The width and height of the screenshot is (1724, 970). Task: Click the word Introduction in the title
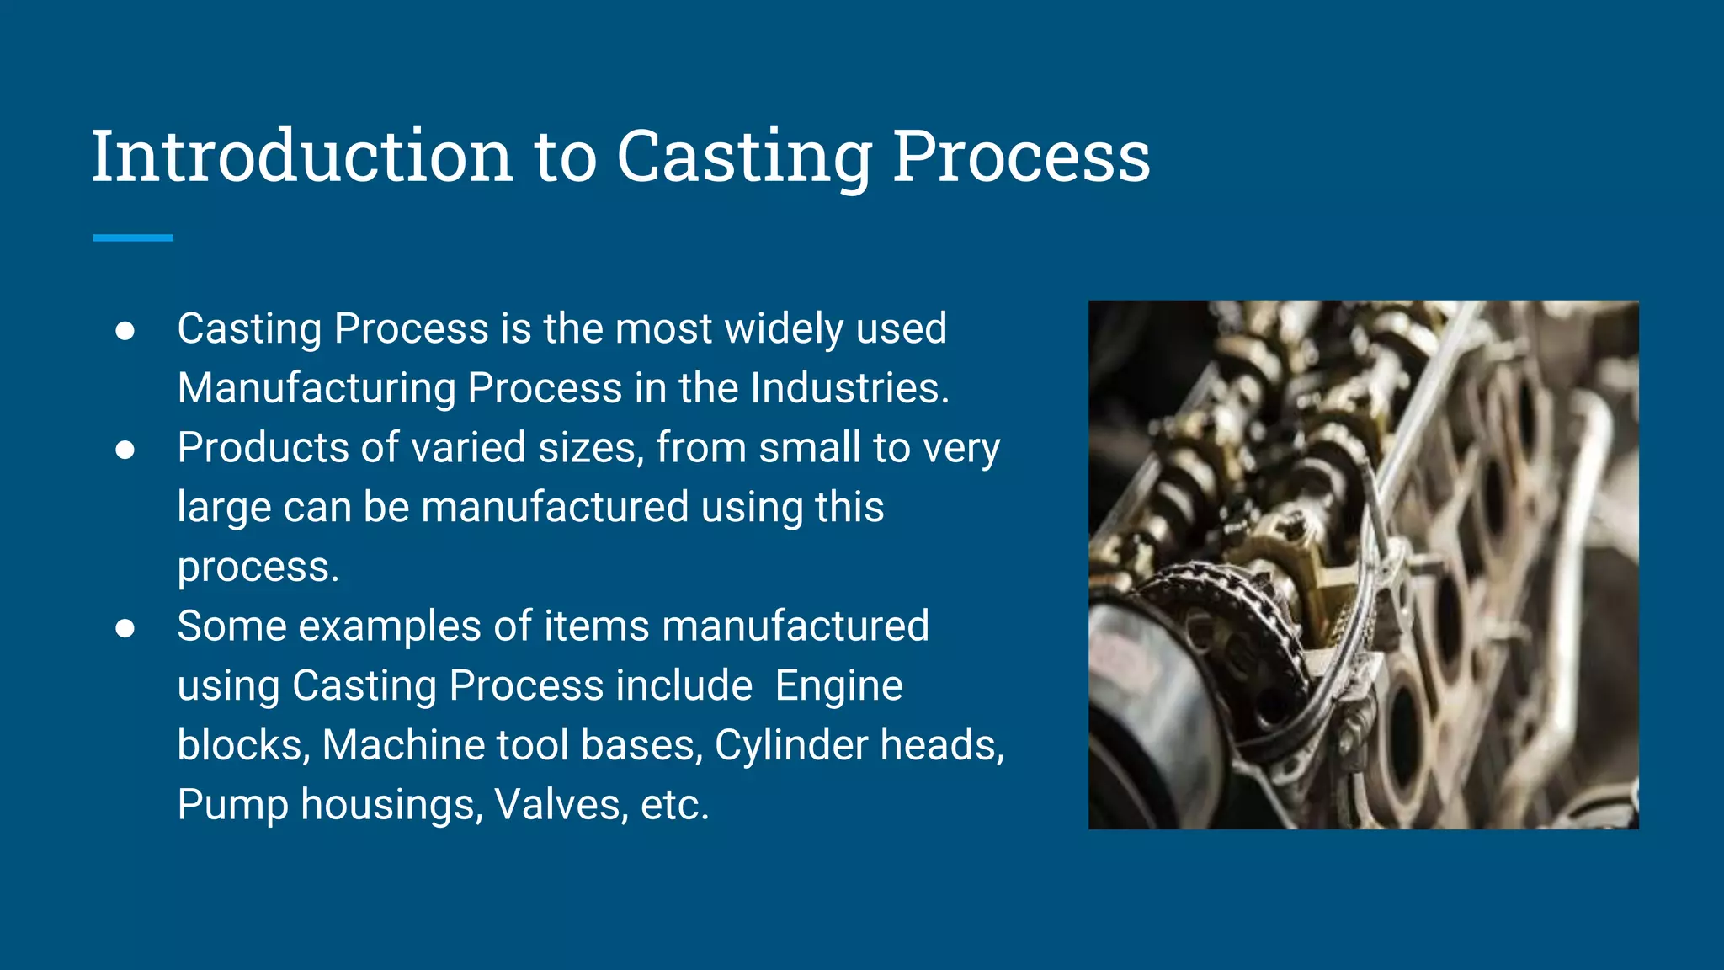[x=302, y=157]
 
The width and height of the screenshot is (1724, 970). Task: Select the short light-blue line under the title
[x=132, y=238]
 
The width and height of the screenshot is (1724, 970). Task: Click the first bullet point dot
[x=125, y=331]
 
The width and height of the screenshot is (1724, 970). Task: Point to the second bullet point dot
[x=125, y=450]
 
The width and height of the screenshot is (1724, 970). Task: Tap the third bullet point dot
[x=125, y=629]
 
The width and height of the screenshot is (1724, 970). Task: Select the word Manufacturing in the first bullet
[x=317, y=388]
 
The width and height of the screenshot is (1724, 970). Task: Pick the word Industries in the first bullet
[x=849, y=388]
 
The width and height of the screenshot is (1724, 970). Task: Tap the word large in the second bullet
[x=224, y=509]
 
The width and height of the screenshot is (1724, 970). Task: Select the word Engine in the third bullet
[x=838, y=686]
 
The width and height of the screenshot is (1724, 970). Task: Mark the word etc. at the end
[x=674, y=806]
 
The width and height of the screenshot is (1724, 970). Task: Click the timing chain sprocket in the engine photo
[x=1221, y=623]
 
